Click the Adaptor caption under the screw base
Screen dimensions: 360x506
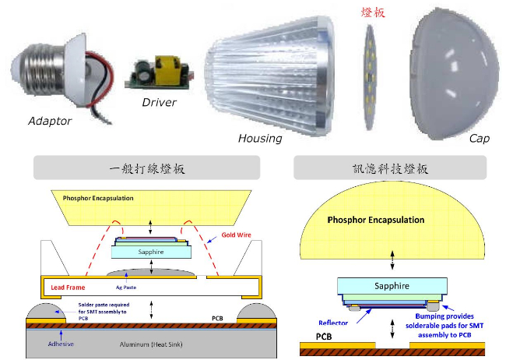[50, 121]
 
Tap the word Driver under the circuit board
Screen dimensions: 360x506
[159, 102]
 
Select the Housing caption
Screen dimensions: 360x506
[261, 138]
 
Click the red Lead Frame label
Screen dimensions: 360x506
[69, 288]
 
